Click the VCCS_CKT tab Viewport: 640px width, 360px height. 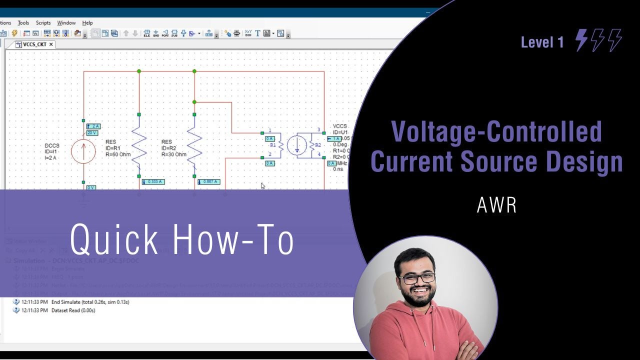point(34,44)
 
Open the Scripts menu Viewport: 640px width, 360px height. point(43,23)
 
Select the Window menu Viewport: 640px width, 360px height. point(66,23)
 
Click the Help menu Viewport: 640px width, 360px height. point(87,23)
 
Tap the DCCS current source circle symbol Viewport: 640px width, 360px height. point(83,151)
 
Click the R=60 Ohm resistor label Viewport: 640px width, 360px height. point(118,154)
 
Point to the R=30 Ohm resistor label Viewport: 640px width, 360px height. point(173,154)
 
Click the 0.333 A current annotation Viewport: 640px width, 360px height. point(153,181)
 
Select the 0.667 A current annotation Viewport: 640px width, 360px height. point(208,181)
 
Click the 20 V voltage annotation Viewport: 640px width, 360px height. point(92,133)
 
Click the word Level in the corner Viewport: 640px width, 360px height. point(536,42)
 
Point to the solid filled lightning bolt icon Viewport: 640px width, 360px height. point(581,40)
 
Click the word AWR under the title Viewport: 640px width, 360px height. point(496,205)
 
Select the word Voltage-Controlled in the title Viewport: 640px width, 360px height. point(496,131)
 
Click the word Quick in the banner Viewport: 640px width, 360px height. point(114,239)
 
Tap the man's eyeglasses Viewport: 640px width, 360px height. point(416,277)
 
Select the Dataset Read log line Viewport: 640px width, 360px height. point(73,310)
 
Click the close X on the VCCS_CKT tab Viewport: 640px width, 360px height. point(51,44)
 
